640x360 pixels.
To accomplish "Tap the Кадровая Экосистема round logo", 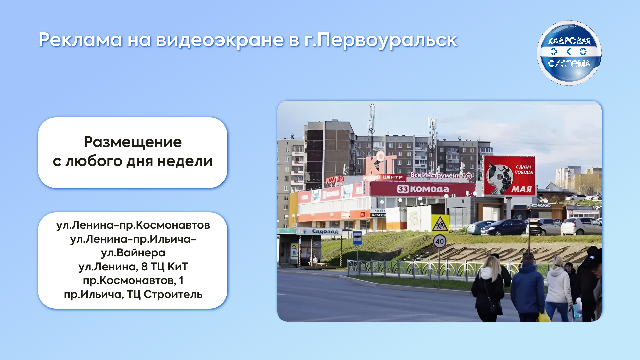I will [x=569, y=53].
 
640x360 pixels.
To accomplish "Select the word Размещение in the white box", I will [x=133, y=142].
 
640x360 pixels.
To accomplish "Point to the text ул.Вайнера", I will [x=133, y=253].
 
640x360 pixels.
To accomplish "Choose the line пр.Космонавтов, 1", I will [x=133, y=280].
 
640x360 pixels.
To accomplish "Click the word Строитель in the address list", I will [x=173, y=294].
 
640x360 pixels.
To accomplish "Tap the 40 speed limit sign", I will [x=439, y=241].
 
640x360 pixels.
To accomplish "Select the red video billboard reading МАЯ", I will [x=509, y=175].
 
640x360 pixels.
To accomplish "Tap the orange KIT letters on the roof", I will [x=380, y=163].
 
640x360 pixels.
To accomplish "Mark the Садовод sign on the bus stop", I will [x=325, y=231].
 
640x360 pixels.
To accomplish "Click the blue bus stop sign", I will [x=357, y=237].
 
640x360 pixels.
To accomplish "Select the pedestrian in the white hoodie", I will [x=559, y=287].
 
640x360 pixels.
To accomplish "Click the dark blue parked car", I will [x=504, y=227].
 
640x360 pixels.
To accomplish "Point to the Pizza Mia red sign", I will [x=335, y=180].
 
